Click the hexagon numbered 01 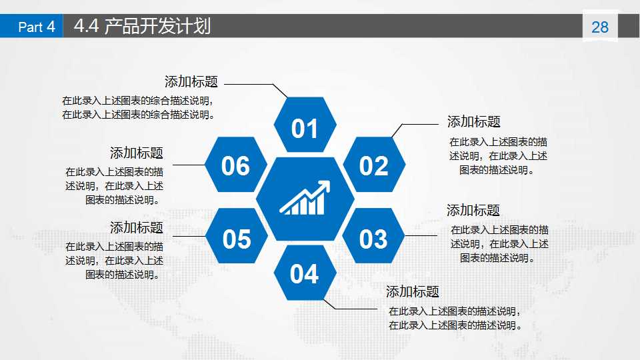[305, 126]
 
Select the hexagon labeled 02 [373, 165]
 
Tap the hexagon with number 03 [373, 238]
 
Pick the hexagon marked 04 [305, 273]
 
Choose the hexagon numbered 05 [236, 238]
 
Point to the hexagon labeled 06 [236, 165]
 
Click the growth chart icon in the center [305, 199]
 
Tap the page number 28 [600, 27]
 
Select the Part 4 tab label [36, 27]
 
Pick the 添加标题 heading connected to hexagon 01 [191, 82]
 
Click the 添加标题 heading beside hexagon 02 [473, 121]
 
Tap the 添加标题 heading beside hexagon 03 [473, 211]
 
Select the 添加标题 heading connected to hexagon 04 [413, 291]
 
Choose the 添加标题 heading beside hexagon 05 [137, 227]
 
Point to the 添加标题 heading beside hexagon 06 [137, 153]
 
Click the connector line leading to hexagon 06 [188, 165]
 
